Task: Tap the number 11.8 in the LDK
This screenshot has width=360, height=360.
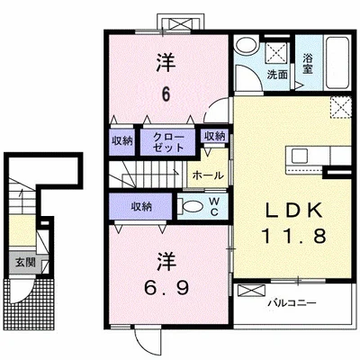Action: coord(294,235)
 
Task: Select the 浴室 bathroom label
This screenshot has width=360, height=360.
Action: coord(308,63)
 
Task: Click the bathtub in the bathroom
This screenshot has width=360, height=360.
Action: coord(338,63)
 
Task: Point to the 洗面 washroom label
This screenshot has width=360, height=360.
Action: coord(277,75)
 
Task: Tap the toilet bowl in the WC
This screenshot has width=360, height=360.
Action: coord(192,206)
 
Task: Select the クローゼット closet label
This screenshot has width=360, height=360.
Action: coord(168,142)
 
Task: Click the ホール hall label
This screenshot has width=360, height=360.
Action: coord(208,175)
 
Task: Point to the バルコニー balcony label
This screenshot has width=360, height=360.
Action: coord(292,303)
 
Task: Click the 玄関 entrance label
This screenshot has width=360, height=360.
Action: coord(25,263)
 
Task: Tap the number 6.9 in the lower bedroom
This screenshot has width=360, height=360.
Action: coord(166,288)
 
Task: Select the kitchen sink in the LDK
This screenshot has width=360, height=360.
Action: coord(300,156)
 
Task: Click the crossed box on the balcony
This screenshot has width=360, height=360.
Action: coord(252,291)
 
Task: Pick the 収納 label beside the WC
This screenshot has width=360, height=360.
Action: coord(141,207)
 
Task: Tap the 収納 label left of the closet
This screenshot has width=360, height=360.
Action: coord(121,141)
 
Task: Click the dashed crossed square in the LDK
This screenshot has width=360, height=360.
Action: coord(340,108)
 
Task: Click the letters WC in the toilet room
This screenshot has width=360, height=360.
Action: coord(214,206)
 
